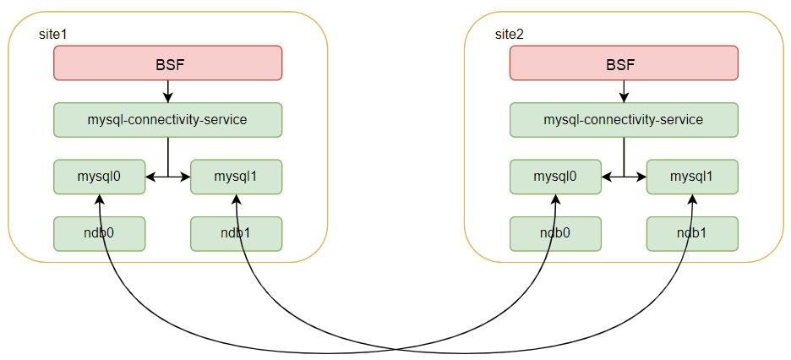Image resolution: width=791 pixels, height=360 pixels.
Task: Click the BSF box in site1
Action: coord(167,63)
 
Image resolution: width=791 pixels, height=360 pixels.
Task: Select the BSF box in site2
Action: coord(624,63)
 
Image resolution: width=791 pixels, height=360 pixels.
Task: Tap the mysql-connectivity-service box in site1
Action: coord(167,120)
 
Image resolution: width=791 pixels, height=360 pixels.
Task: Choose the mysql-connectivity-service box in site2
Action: coord(624,120)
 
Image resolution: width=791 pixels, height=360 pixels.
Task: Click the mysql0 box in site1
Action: coord(100,177)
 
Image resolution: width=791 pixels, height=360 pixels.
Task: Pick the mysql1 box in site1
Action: coord(236,177)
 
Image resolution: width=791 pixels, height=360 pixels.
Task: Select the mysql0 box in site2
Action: coord(556,177)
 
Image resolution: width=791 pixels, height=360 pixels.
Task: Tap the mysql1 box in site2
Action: coord(692,177)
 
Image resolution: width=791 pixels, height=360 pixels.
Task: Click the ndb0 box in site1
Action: coord(100,234)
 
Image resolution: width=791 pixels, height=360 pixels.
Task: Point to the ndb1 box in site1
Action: coord(236,234)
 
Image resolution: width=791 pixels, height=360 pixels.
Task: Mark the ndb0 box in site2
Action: coord(556,234)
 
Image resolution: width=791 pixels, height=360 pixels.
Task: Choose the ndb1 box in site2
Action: coord(692,234)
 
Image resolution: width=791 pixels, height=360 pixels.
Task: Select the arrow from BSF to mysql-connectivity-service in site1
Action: coord(167,91)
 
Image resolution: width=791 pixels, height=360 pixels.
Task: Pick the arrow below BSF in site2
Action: coord(624,91)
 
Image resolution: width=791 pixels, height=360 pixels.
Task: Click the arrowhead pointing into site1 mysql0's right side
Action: coord(150,177)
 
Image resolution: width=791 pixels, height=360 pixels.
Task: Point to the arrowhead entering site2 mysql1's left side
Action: coord(641,177)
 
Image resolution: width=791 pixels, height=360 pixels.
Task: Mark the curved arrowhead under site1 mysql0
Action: coord(100,199)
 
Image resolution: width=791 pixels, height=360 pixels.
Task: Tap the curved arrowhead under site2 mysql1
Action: coord(692,199)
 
